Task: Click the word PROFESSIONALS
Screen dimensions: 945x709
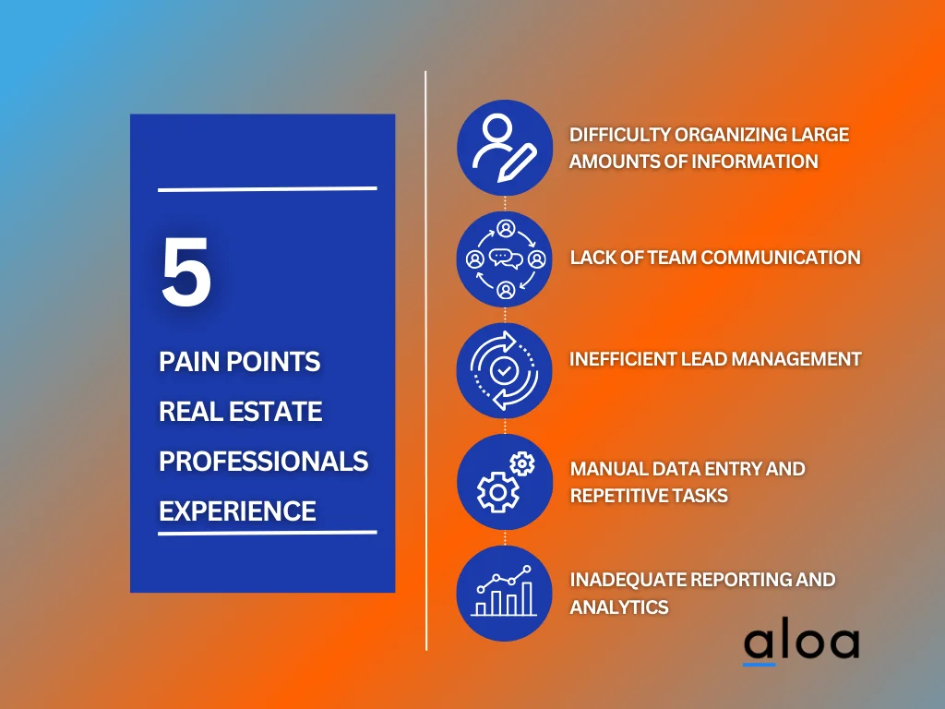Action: (x=263, y=462)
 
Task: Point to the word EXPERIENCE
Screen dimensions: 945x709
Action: (x=237, y=511)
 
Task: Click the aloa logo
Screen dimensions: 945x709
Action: (x=802, y=643)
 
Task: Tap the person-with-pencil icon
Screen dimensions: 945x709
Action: (x=505, y=148)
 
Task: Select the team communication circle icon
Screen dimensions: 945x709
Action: (x=505, y=259)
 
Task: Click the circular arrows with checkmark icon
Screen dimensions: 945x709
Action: (x=505, y=370)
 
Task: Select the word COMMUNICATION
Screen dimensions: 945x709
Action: (x=781, y=258)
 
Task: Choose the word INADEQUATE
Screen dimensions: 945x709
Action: (x=628, y=580)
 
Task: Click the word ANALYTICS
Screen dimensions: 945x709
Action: (x=619, y=607)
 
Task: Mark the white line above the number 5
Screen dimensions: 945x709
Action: (x=268, y=189)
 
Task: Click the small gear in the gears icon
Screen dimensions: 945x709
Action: (x=522, y=463)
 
